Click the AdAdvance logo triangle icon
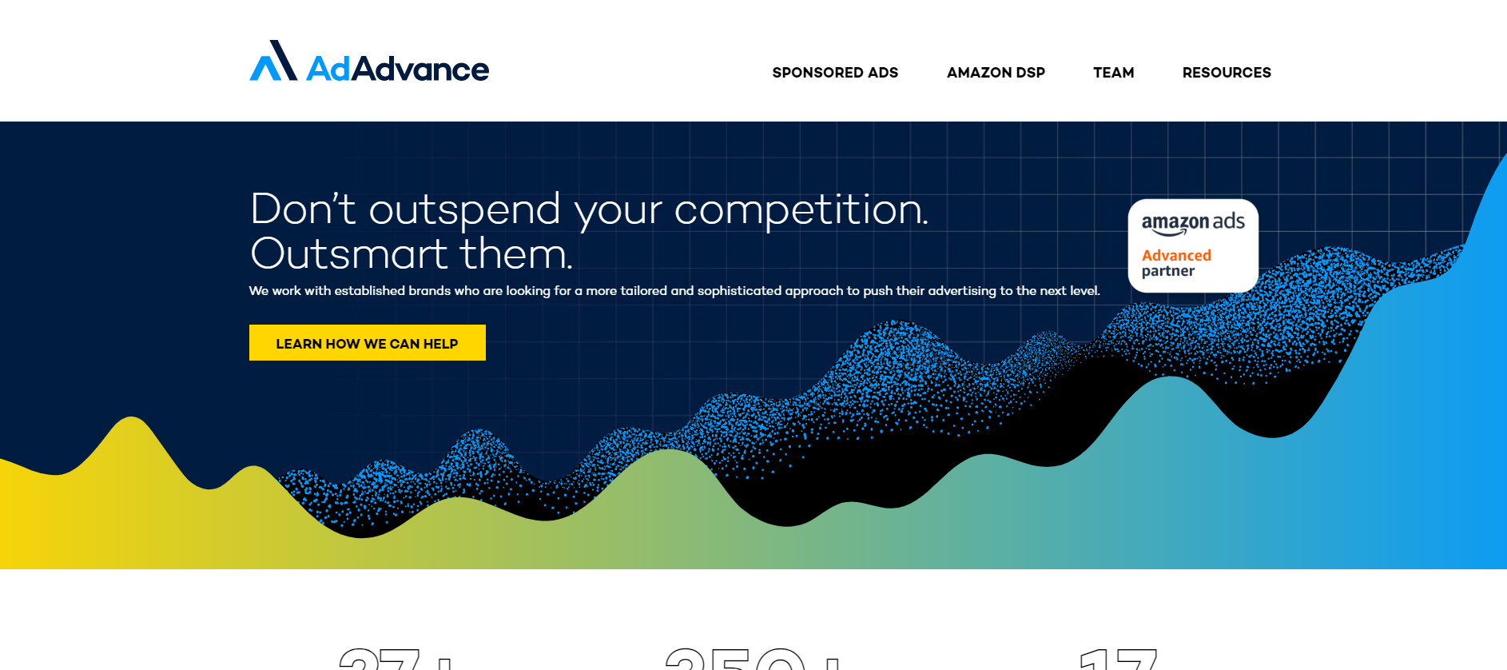tap(273, 62)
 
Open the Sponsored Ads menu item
tap(835, 73)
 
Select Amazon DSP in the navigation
tap(996, 73)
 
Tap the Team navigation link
tap(1113, 73)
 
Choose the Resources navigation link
tap(1227, 73)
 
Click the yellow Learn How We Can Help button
tap(367, 343)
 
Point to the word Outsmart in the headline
tap(348, 254)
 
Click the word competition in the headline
tap(801, 210)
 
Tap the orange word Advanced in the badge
tap(1176, 255)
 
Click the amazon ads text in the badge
tap(1192, 222)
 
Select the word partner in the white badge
tap(1167, 271)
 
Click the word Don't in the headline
tap(302, 209)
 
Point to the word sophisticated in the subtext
tap(739, 291)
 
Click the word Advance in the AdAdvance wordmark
tap(420, 70)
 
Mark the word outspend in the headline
tap(464, 210)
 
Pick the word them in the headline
tap(515, 254)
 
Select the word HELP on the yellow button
tap(440, 344)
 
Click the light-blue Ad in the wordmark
tap(328, 70)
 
